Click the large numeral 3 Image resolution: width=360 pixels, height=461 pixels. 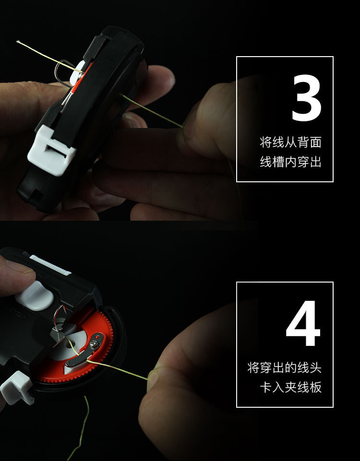(306, 97)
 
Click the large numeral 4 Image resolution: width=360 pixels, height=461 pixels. (303, 323)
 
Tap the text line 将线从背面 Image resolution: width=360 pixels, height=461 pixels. (290, 142)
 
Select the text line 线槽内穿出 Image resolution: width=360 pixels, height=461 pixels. (290, 162)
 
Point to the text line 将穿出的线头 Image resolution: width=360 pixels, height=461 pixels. (284, 367)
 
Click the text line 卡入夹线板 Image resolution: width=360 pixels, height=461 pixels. (290, 387)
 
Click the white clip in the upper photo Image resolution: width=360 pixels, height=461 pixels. (51, 150)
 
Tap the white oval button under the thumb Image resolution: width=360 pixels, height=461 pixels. (35, 296)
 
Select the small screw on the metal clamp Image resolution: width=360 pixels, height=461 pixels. (94, 343)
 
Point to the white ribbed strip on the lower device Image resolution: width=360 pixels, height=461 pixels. (50, 265)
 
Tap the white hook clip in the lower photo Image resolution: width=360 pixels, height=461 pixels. (17, 388)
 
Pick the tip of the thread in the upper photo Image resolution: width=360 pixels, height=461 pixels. (17, 41)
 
